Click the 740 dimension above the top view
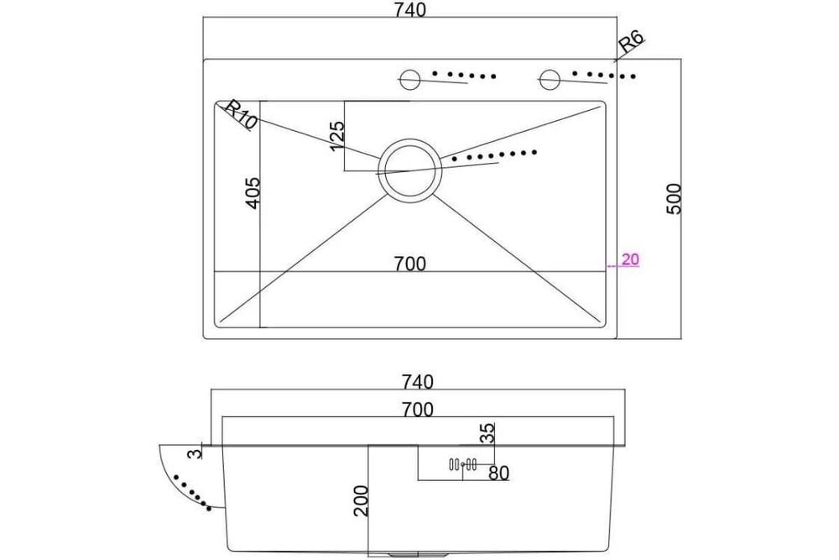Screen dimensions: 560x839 [409, 11]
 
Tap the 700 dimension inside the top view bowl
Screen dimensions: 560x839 [409, 264]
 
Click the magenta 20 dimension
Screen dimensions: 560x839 [630, 259]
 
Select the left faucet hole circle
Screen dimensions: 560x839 [409, 80]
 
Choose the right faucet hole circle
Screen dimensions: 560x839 [550, 80]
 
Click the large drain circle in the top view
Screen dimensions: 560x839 [409, 168]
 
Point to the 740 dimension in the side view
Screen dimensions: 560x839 [417, 382]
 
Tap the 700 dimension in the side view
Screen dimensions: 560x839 [417, 410]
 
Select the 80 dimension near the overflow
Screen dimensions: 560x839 [498, 473]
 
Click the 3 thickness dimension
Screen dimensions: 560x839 [195, 454]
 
